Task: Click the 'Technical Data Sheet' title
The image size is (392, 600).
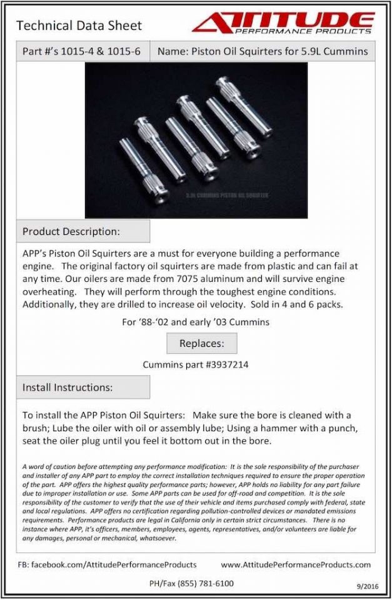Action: click(x=79, y=26)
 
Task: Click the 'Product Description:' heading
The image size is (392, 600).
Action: click(x=71, y=231)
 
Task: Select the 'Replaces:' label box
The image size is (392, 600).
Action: click(x=201, y=343)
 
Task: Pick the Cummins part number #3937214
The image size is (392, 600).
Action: click(x=222, y=364)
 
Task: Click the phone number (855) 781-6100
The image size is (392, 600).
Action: click(x=205, y=584)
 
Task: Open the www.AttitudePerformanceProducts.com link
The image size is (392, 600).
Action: click(x=296, y=564)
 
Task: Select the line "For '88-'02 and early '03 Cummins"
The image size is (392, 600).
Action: click(x=196, y=323)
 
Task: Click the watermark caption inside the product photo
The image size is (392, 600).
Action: click(x=231, y=196)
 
